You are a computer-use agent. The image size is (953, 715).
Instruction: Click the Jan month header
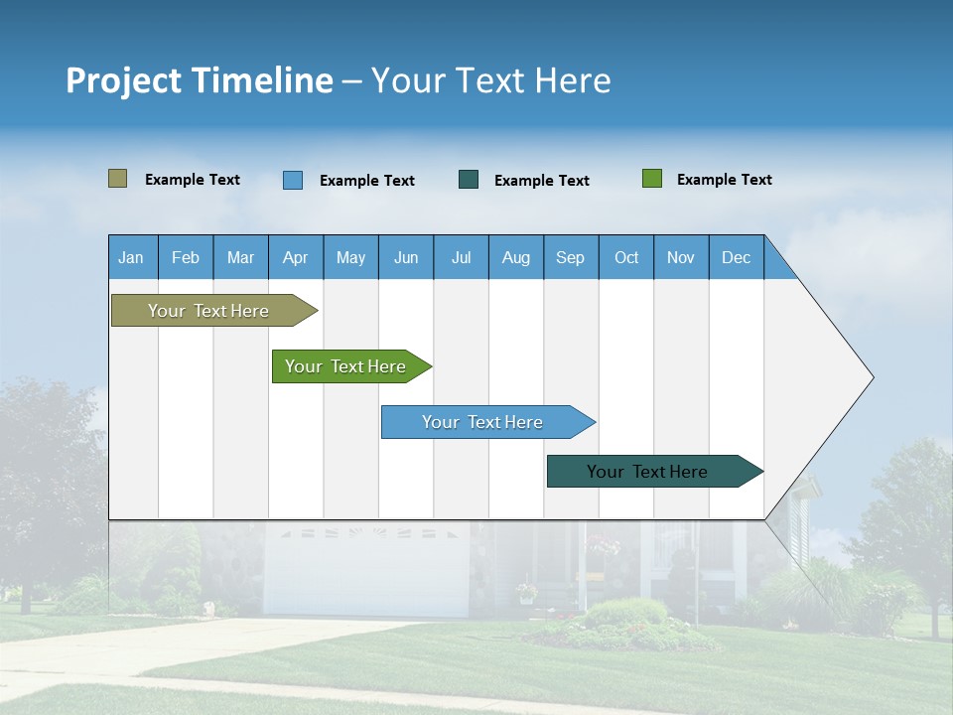pyautogui.click(x=132, y=257)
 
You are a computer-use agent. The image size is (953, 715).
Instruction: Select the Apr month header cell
pyautogui.click(x=296, y=257)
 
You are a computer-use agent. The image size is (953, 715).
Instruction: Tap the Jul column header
pyautogui.click(x=461, y=257)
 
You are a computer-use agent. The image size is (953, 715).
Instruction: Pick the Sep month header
pyautogui.click(x=571, y=257)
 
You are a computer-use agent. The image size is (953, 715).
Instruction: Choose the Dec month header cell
pyautogui.click(x=736, y=257)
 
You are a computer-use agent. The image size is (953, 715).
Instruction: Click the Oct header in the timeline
pyautogui.click(x=626, y=257)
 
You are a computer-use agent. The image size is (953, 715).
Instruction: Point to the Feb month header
pyautogui.click(x=186, y=257)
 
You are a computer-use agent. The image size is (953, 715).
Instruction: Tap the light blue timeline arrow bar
pyautogui.click(x=483, y=422)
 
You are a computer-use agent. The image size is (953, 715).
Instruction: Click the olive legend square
pyautogui.click(x=117, y=179)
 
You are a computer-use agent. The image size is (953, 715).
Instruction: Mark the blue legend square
pyautogui.click(x=293, y=180)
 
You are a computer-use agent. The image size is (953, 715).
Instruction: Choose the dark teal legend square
pyautogui.click(x=469, y=180)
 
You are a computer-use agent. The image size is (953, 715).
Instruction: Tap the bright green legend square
pyautogui.click(x=652, y=179)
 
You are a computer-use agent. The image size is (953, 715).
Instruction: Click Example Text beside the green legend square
pyautogui.click(x=724, y=180)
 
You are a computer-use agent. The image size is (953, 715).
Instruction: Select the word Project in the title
pyautogui.click(x=124, y=80)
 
